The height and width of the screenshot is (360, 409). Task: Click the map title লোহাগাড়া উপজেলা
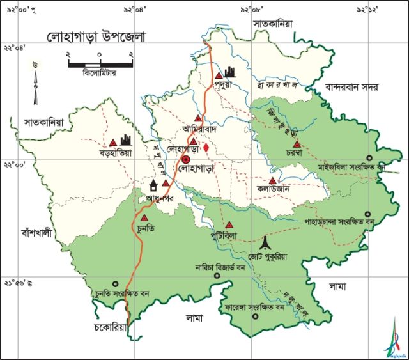coord(96,36)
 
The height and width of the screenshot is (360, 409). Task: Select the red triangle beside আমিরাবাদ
coord(199,118)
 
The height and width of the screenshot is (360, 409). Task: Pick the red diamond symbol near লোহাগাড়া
coord(206,148)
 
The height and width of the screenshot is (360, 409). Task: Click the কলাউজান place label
coord(275,190)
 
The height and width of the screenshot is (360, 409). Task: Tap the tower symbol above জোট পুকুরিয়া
coord(266,242)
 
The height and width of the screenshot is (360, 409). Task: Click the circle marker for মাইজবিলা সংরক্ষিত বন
coord(368,158)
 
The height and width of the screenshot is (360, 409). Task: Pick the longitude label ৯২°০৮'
coord(251,10)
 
